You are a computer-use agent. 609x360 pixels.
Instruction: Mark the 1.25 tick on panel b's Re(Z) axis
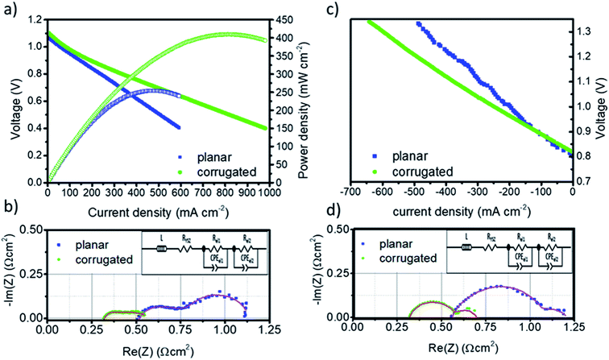[x=271, y=329]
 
